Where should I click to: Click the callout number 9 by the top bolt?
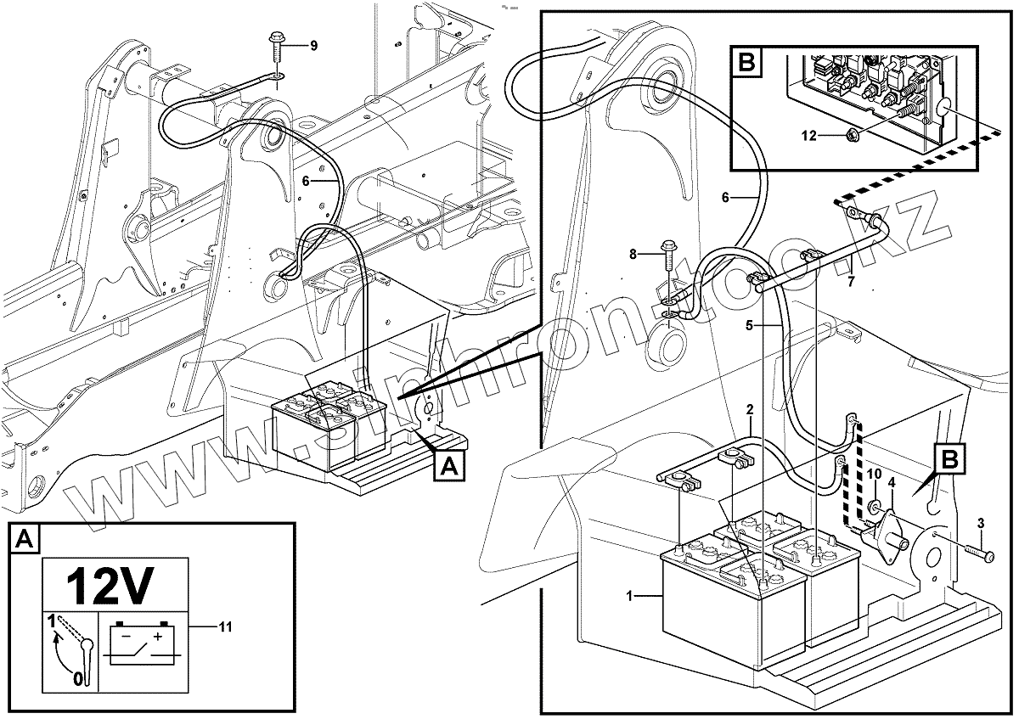click(313, 46)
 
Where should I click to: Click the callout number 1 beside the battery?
click(630, 597)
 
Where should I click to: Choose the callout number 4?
click(892, 483)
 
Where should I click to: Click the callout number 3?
click(982, 523)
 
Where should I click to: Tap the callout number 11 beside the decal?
click(225, 627)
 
